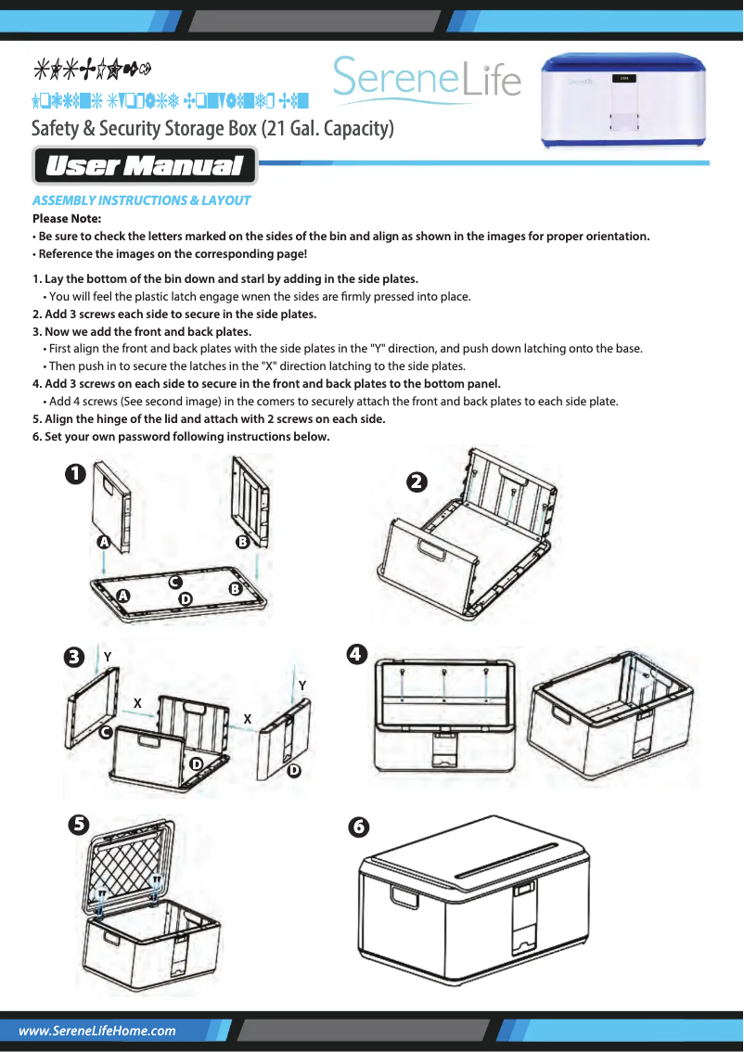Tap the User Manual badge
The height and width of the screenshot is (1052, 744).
coord(144,167)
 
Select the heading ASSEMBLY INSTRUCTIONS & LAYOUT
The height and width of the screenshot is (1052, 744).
coord(141,200)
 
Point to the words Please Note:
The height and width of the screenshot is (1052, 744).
coord(67,219)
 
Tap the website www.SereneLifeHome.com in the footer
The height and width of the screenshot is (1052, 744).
coord(97,1031)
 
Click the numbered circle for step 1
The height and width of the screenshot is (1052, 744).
coord(74,473)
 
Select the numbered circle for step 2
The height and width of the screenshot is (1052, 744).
coord(417,481)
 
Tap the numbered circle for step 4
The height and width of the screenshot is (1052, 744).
coord(353,654)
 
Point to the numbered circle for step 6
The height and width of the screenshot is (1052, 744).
coord(357,825)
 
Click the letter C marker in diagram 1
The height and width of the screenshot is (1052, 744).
coord(173,582)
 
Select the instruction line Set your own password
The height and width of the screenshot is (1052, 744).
coord(181,436)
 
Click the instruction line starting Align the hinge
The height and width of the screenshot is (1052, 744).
coord(209,418)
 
